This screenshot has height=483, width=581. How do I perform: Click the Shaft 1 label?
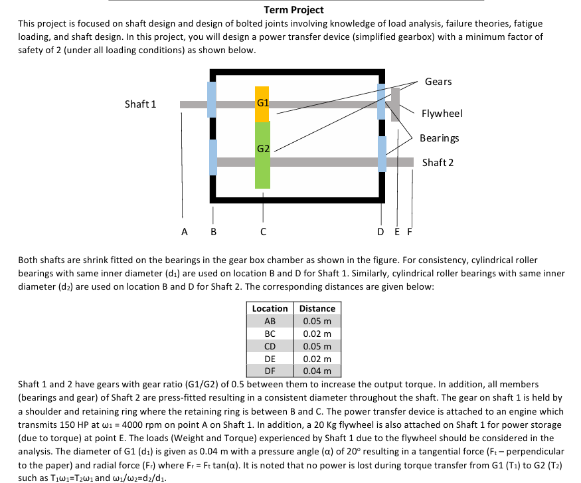[140, 104]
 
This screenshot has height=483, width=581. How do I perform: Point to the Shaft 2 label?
[438, 163]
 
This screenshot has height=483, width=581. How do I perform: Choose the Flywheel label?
[442, 114]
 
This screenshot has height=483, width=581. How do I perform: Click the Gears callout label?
[438, 82]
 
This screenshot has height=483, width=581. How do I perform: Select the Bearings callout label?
[439, 138]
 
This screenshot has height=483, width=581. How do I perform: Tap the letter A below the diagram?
[184, 232]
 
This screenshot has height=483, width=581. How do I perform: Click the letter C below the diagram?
[263, 232]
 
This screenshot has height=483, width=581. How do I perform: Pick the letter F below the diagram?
[410, 232]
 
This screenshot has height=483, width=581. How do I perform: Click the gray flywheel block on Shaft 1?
[396, 104]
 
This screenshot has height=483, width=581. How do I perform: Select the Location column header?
[270, 308]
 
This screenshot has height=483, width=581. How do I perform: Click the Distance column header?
[317, 308]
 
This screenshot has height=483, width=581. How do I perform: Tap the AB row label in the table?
[270, 321]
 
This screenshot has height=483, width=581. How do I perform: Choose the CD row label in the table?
[270, 346]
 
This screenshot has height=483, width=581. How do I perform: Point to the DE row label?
[270, 359]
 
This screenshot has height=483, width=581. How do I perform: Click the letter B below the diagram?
[212, 232]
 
